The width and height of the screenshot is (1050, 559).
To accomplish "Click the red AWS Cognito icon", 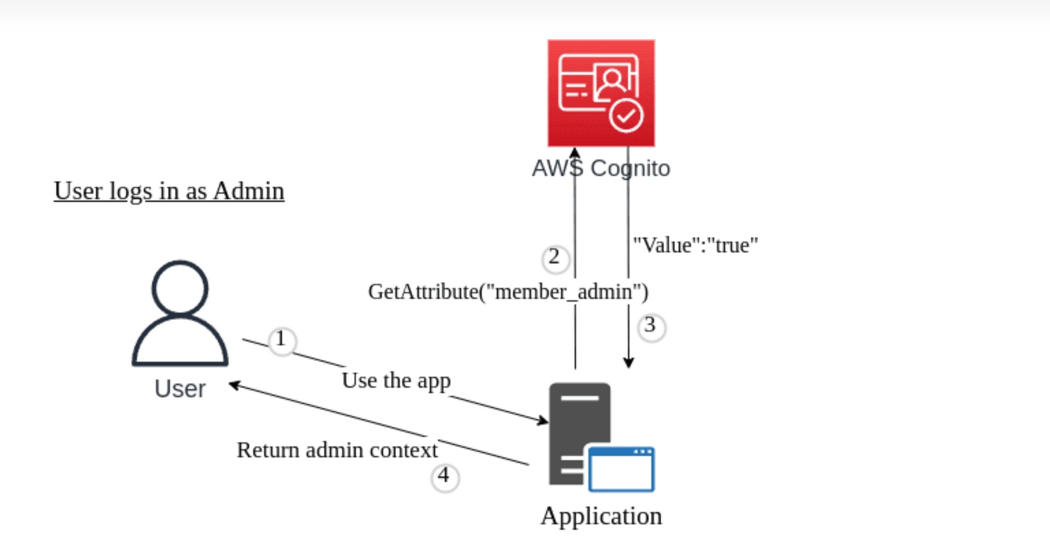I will point(600,92).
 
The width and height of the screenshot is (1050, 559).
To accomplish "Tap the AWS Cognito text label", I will point(600,168).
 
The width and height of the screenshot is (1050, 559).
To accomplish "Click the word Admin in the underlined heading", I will point(249,191).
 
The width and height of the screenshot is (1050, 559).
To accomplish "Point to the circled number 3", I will point(651,327).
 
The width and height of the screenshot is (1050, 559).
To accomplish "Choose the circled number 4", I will point(445,476).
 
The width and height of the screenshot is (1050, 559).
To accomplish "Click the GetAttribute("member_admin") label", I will point(508,292).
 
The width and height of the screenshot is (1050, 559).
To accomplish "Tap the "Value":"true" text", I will point(695,245).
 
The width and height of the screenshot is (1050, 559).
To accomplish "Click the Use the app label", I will point(396,380).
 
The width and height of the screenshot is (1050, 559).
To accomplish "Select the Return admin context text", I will point(337,450).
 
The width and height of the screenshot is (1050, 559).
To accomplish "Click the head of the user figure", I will point(180,287).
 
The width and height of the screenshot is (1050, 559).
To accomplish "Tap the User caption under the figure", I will point(180,389).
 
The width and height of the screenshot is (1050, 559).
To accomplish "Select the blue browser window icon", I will point(621,469).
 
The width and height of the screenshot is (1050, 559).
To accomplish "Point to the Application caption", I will point(601,516).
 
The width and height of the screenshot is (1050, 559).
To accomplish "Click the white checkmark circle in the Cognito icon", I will point(626,115).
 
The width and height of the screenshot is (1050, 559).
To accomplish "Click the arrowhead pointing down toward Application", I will point(628,362).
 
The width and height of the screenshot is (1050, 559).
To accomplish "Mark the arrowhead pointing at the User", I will point(234,385).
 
